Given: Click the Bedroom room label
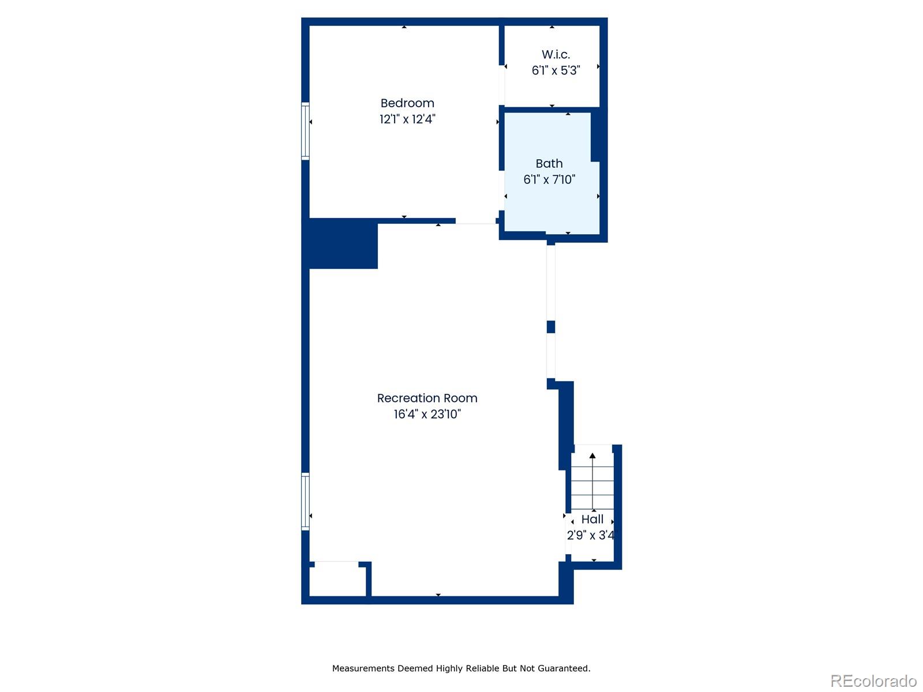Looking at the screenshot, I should (x=407, y=103).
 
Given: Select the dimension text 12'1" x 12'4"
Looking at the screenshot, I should (x=407, y=119).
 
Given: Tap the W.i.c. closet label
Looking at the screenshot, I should (x=556, y=55).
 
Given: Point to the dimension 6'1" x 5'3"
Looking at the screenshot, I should (x=556, y=70).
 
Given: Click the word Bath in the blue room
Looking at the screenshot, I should (x=549, y=164).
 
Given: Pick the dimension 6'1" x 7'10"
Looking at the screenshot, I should (x=549, y=180).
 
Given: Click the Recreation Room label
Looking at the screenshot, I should (x=427, y=398).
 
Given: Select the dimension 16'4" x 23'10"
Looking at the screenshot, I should (x=427, y=414).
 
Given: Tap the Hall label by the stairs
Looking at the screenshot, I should (x=592, y=519).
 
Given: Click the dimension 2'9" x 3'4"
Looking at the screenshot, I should (x=591, y=535).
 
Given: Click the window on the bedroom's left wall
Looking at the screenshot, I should (x=305, y=131).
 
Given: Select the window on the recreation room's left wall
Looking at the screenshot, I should (x=305, y=501).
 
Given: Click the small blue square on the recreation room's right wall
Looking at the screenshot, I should (x=551, y=327).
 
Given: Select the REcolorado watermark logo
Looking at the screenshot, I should (x=873, y=681).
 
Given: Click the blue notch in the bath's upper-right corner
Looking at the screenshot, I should (x=599, y=137).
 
